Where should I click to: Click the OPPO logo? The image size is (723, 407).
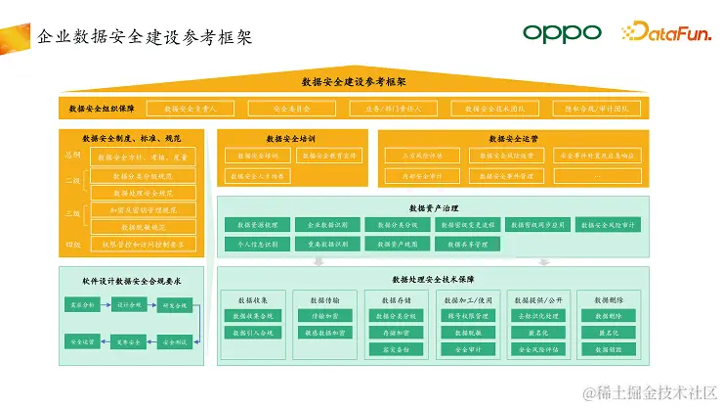[561, 32]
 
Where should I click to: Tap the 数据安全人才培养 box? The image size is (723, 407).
[256, 176]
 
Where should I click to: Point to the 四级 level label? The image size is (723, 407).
[72, 244]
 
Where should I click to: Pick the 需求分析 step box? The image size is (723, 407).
[81, 305]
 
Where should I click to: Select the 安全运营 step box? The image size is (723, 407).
[81, 341]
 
